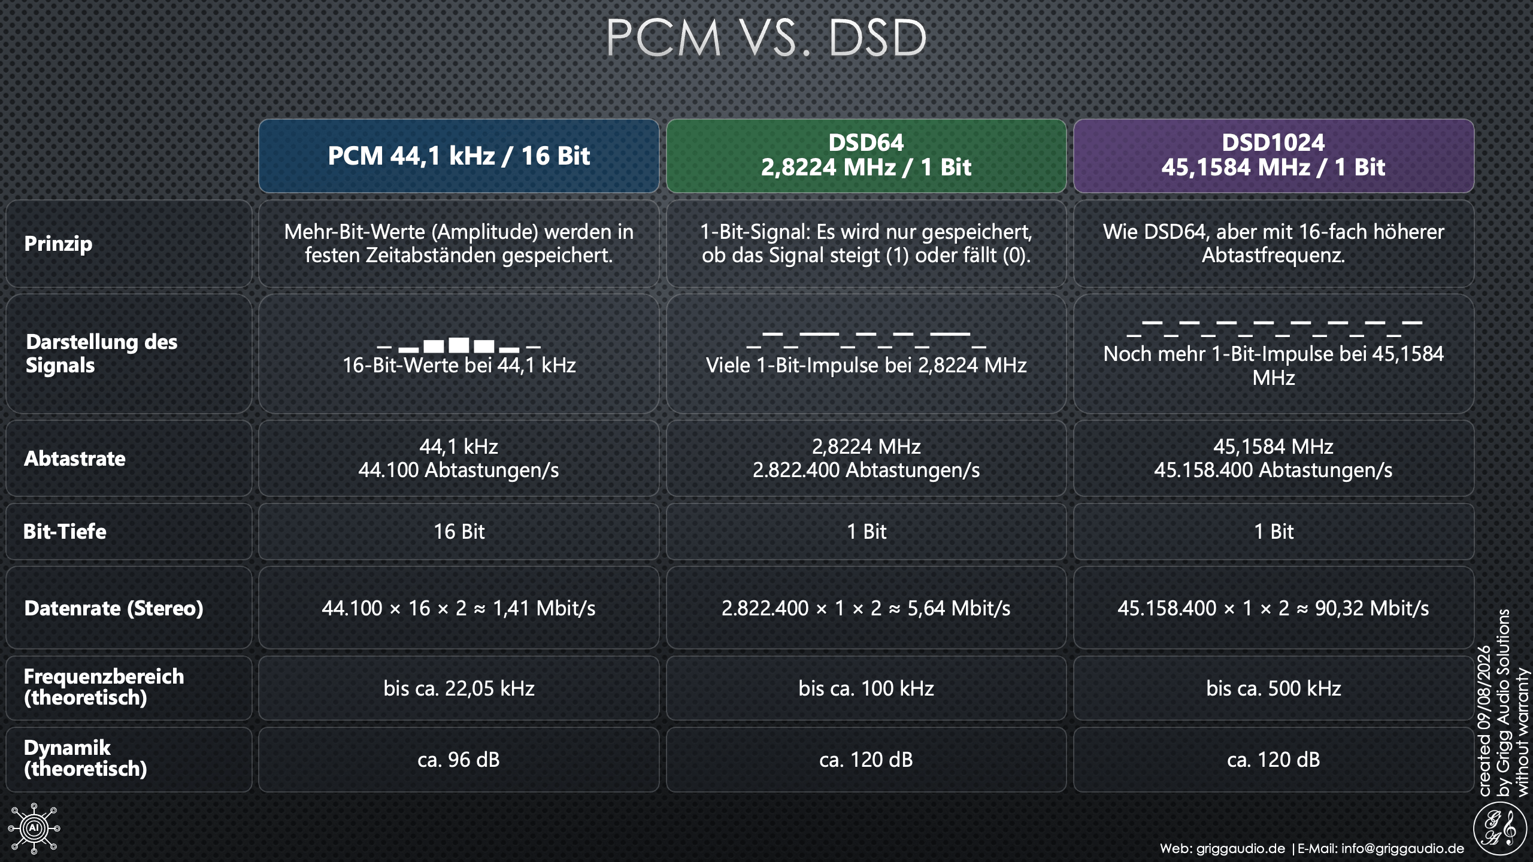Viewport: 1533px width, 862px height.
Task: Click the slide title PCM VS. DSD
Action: (766, 38)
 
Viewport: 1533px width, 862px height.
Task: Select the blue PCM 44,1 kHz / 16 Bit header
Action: (459, 156)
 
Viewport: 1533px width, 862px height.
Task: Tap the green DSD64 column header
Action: (866, 156)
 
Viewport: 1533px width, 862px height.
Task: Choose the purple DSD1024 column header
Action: (1274, 156)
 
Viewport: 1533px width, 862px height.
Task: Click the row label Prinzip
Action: (58, 244)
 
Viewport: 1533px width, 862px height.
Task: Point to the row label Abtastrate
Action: (75, 459)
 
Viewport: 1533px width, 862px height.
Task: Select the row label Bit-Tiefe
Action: (65, 532)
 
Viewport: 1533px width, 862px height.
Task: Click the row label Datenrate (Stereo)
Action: (114, 608)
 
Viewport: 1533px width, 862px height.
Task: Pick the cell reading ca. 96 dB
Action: (459, 760)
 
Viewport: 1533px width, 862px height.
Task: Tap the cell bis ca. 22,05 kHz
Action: (459, 688)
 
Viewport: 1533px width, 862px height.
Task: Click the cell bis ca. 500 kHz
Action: (1274, 688)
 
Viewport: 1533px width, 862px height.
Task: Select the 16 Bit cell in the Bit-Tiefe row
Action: (459, 532)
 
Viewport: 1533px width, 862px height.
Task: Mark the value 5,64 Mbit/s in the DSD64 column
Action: (959, 608)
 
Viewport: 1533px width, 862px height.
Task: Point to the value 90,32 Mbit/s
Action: (1372, 608)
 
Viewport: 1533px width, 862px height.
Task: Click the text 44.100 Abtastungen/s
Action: (459, 471)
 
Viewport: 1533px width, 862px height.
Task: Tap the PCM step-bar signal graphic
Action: (459, 344)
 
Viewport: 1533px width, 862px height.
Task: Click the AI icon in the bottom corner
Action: (34, 828)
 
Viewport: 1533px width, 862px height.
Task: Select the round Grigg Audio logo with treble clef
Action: (1499, 828)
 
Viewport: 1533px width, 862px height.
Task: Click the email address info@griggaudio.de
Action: (1402, 848)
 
